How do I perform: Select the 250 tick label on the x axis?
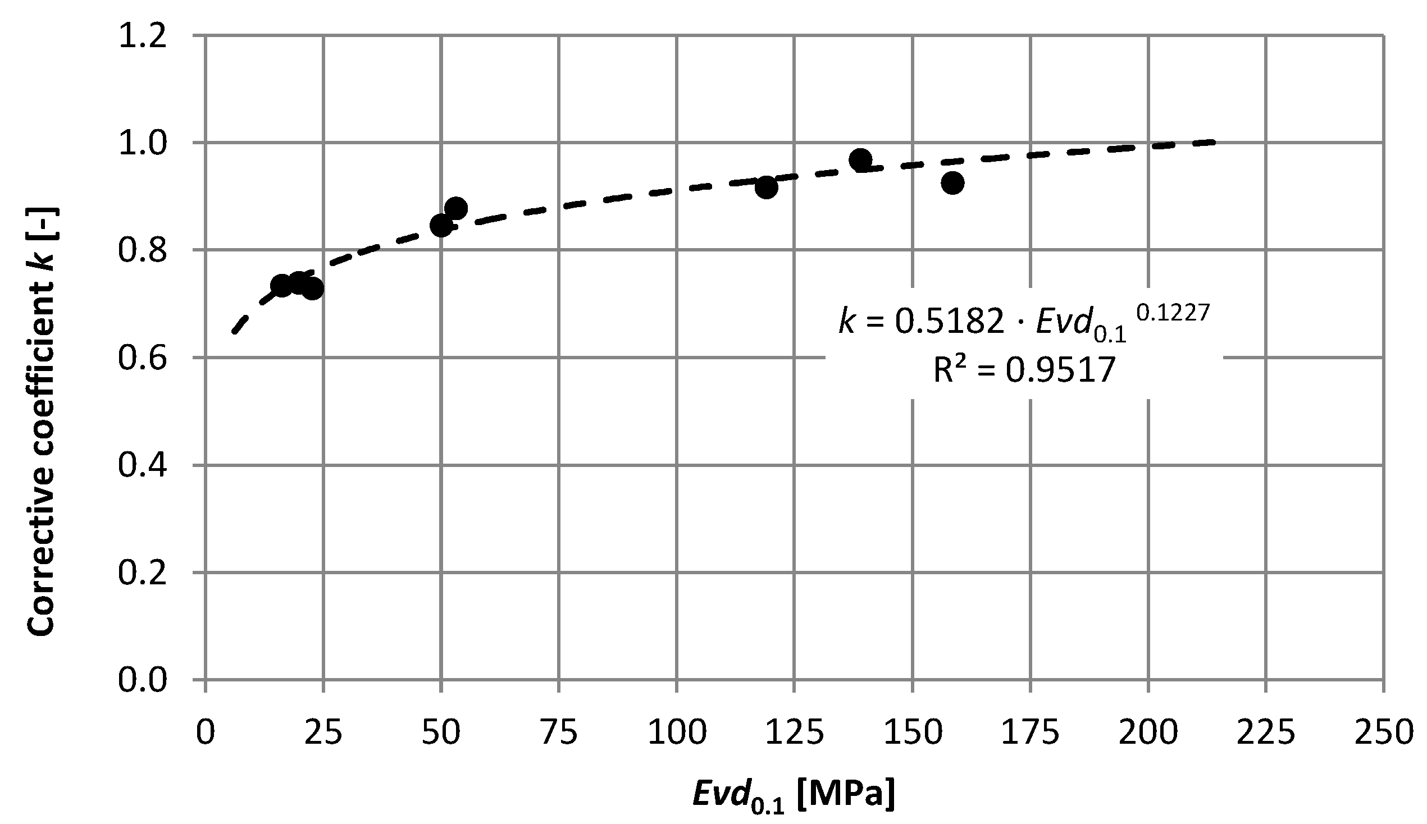click(x=1383, y=733)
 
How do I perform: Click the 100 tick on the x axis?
click(x=677, y=733)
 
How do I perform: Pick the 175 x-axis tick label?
click(x=1030, y=733)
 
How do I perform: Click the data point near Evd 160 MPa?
click(x=952, y=183)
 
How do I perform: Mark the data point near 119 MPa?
click(x=766, y=187)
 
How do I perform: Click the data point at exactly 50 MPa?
click(x=441, y=226)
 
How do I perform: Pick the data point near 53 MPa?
click(x=455, y=208)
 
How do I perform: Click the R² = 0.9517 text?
click(x=1023, y=371)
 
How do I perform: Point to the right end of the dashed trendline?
click(x=1213, y=141)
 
